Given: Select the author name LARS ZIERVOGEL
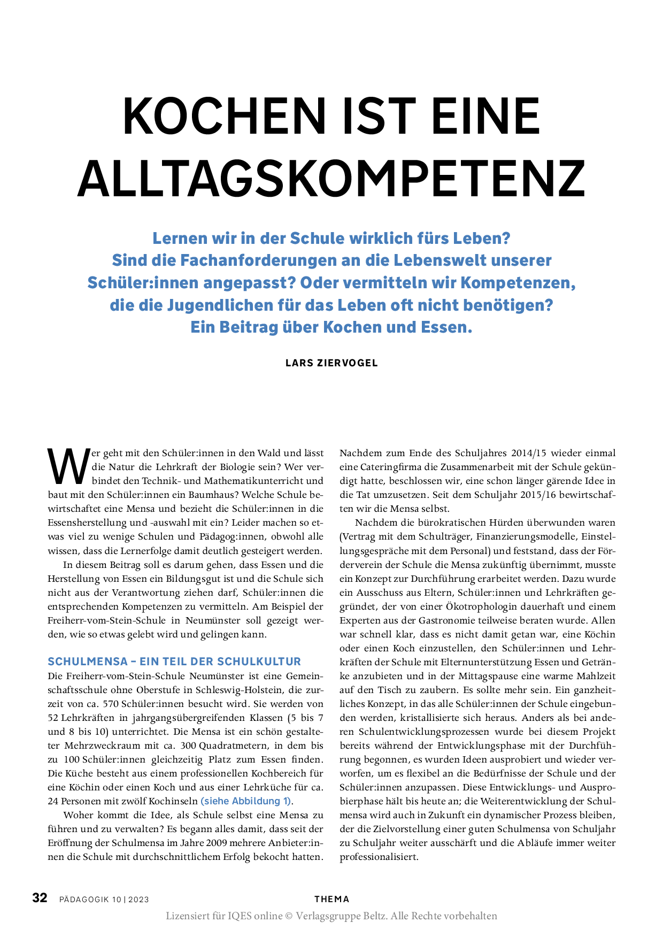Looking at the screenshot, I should (x=331, y=363).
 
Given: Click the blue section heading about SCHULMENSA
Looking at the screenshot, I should (x=174, y=662).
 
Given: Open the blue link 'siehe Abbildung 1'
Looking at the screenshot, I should (x=246, y=801).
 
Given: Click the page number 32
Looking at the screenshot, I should (x=40, y=898).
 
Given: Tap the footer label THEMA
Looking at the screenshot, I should (x=331, y=899).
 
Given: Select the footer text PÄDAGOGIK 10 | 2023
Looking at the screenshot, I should (x=104, y=899).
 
